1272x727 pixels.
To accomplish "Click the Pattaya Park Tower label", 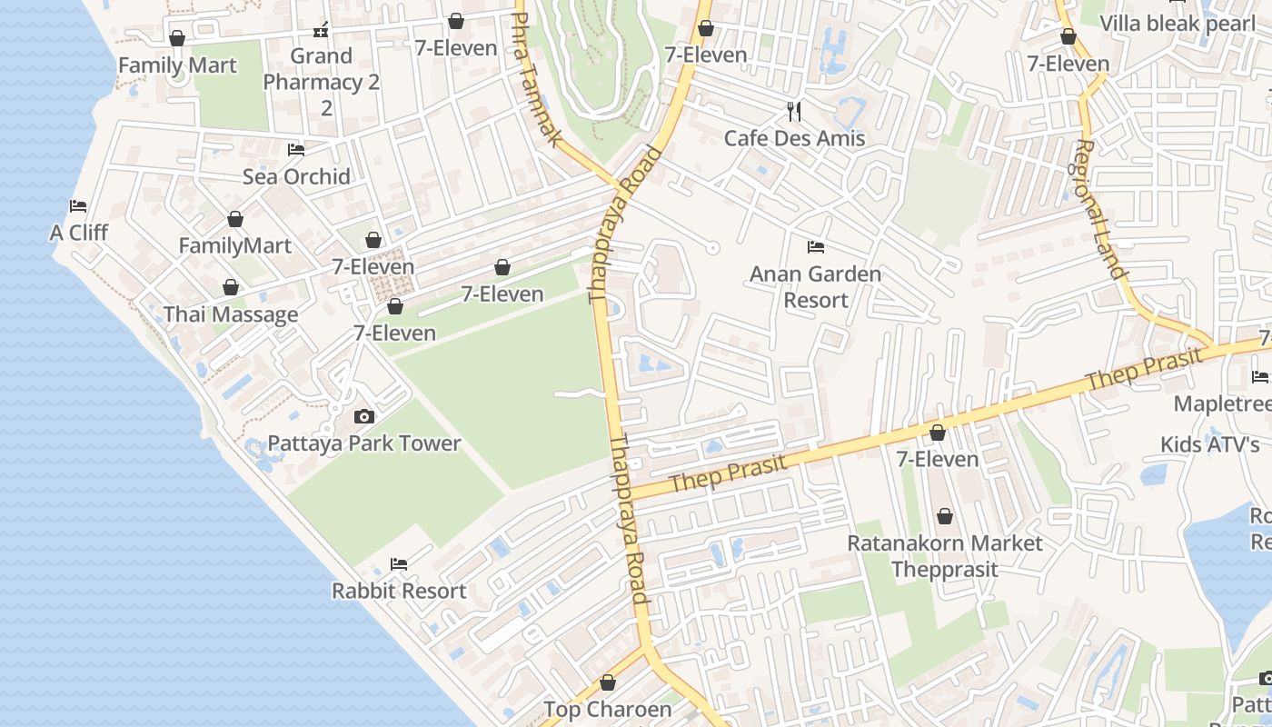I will tap(363, 443).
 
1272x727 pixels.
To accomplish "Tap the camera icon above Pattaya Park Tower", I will tap(363, 417).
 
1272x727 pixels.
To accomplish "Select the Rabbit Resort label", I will tap(399, 591).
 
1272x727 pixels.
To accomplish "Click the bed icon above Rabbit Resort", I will tap(399, 564).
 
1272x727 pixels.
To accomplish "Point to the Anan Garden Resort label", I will tap(815, 286).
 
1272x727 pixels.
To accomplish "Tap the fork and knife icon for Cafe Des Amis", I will tap(795, 112).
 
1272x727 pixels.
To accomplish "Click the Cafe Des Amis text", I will tap(794, 138).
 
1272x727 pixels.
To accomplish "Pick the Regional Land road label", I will tap(1101, 209).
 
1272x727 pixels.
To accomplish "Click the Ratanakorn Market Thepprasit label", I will tap(945, 555).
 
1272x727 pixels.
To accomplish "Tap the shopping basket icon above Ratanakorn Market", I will tap(945, 517).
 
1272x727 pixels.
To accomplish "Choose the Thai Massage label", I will tap(231, 314).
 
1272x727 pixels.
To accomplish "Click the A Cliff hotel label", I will tap(79, 233).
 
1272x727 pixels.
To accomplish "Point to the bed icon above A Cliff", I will tap(79, 206).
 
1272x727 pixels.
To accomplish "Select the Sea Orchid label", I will tap(296, 176).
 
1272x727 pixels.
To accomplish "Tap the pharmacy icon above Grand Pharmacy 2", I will tap(321, 31).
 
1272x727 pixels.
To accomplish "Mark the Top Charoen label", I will tap(608, 709).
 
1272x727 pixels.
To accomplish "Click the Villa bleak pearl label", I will tap(1177, 23).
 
